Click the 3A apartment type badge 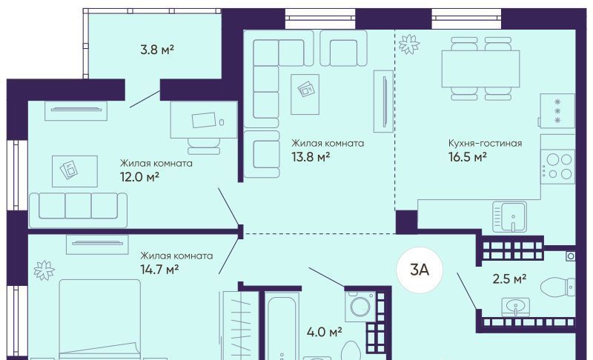coord(420,270)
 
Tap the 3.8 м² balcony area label coord(157,50)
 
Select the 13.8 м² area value coord(311,156)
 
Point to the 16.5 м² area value coord(468,156)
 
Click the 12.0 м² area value coord(139,176)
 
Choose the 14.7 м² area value coord(159,270)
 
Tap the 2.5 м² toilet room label coord(509,279)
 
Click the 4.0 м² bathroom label coord(325,333)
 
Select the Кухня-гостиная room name coord(486,143)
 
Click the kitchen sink coord(510,216)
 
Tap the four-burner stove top coord(557,167)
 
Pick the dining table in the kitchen coord(480,68)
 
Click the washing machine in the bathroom coord(360,306)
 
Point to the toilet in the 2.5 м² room coord(558,287)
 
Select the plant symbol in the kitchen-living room coord(409,44)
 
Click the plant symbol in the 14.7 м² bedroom coord(44,270)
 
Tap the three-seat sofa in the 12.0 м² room coord(79,210)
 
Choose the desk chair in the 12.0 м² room coord(204,146)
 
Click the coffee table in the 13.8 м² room coord(305,94)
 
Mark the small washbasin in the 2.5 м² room coord(515,307)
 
